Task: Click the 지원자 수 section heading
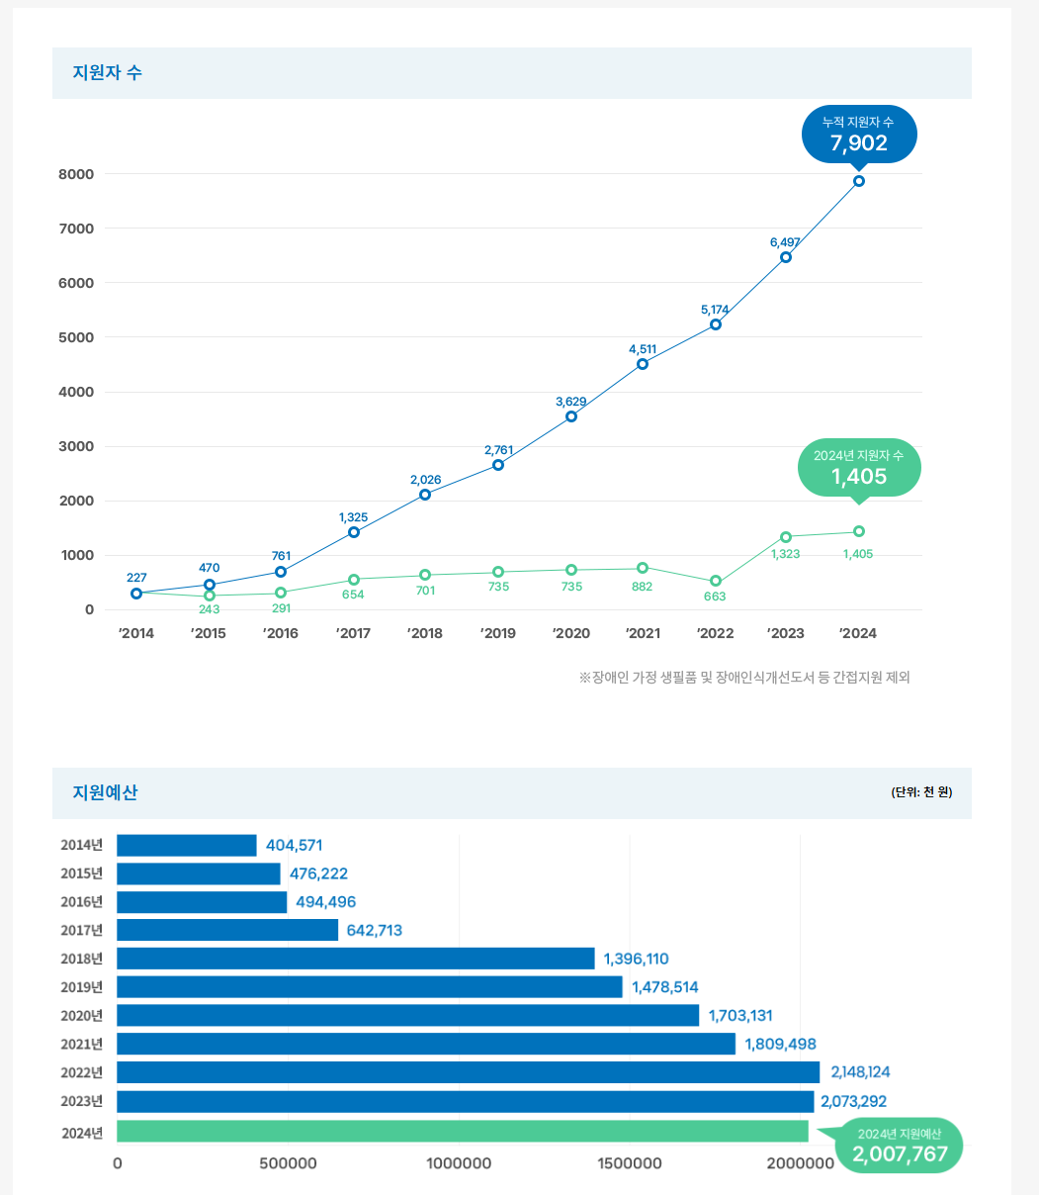click(x=107, y=72)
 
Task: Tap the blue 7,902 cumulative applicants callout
click(x=858, y=134)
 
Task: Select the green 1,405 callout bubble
click(x=858, y=468)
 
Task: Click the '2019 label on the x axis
click(x=497, y=633)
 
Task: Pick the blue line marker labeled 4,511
click(x=643, y=364)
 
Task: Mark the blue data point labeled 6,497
click(x=786, y=257)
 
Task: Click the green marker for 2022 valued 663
click(x=716, y=581)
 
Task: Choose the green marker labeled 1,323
click(x=786, y=537)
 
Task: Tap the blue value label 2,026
click(x=425, y=480)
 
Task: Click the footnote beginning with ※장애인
click(x=743, y=678)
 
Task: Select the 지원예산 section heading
click(x=105, y=792)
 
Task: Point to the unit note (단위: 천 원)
click(x=920, y=792)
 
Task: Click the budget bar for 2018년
click(x=356, y=959)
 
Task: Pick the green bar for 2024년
click(x=463, y=1131)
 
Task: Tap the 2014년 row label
click(x=81, y=845)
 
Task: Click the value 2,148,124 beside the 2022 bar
click(x=860, y=1072)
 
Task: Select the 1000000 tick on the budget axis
click(x=459, y=1163)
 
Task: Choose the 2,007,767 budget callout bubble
click(x=899, y=1146)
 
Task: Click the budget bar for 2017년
click(x=227, y=930)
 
